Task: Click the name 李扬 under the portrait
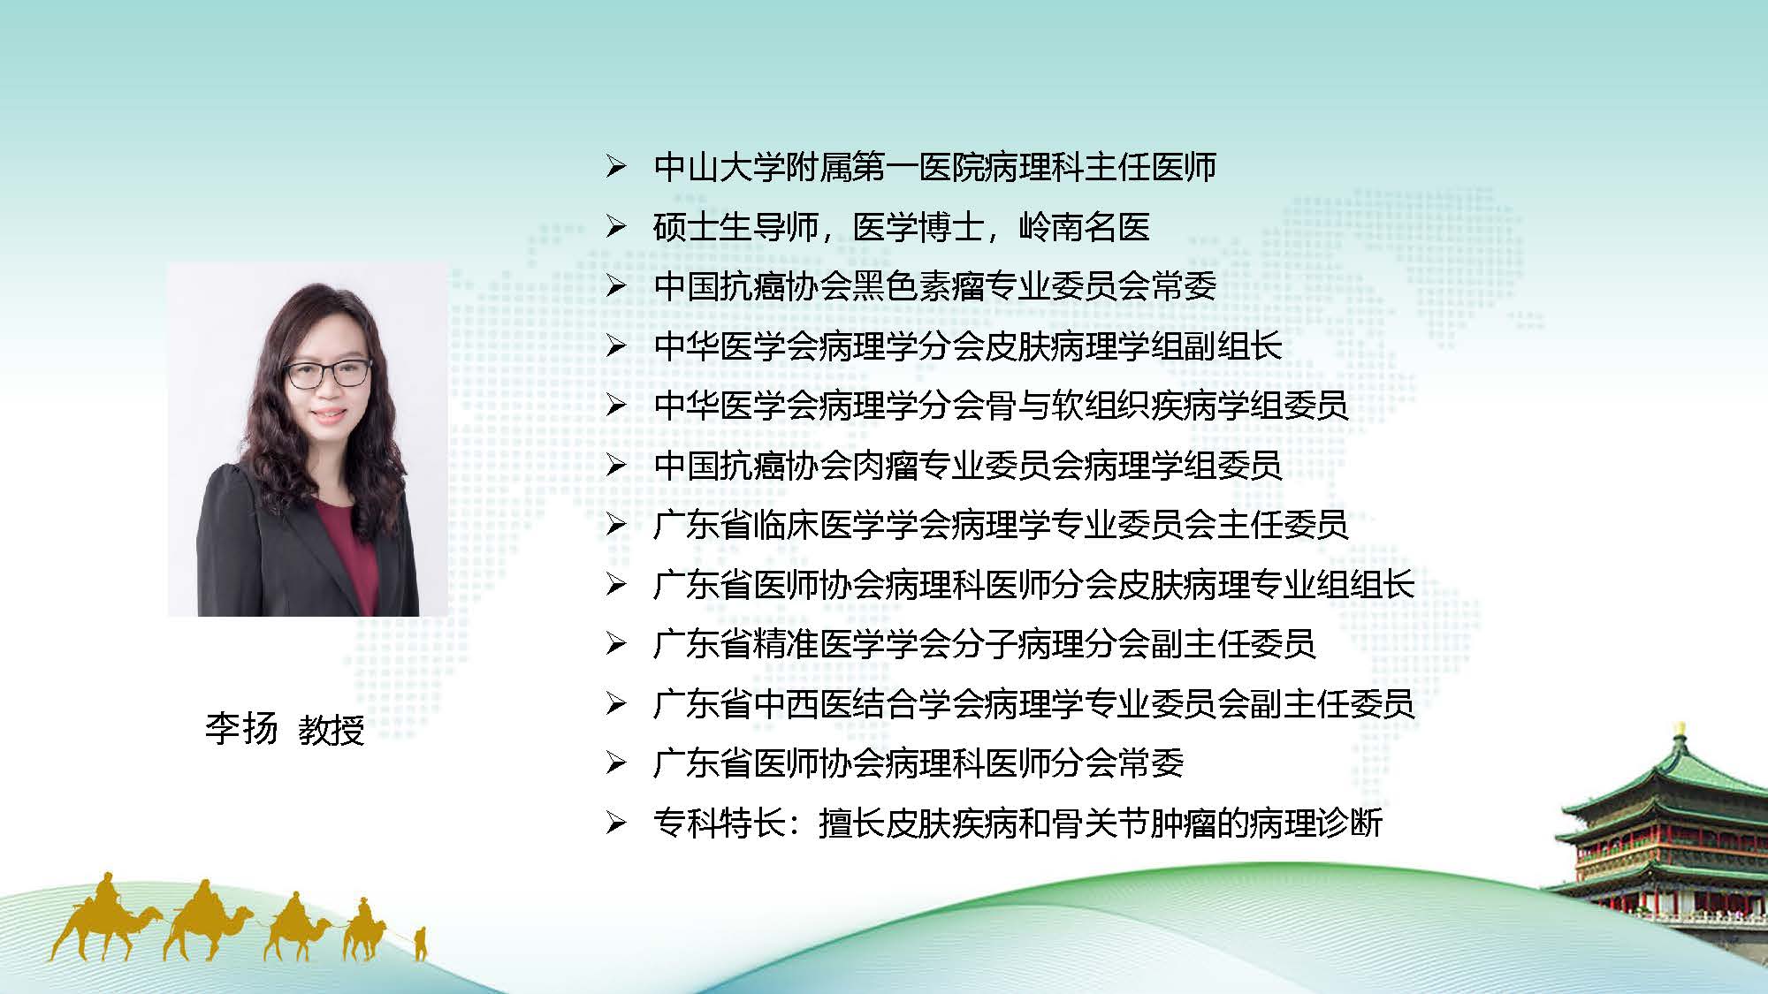pos(241,730)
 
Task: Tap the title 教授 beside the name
pos(331,730)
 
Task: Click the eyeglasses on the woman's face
pos(328,374)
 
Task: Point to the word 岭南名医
pos(1085,227)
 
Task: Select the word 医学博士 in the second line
pos(918,227)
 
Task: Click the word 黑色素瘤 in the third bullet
pos(918,286)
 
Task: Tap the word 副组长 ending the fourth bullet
pos(1233,345)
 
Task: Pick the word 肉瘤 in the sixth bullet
pos(886,465)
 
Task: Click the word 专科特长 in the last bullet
pos(720,823)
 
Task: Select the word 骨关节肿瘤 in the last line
pos(1133,823)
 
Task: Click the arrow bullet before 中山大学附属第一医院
pos(616,167)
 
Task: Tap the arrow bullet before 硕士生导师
pos(616,227)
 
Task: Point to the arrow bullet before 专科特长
pos(616,823)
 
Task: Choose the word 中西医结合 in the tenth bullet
pos(835,703)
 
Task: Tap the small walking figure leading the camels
pos(421,943)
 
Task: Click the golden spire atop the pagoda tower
pos(1679,732)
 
